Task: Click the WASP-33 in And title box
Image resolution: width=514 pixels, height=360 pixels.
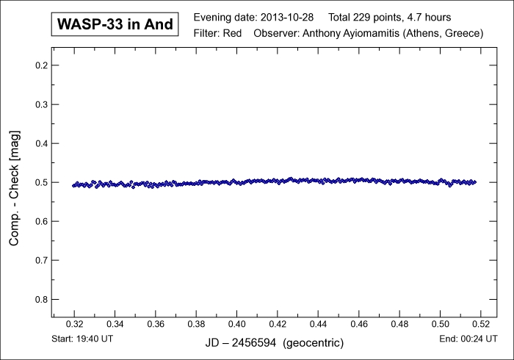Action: click(x=115, y=24)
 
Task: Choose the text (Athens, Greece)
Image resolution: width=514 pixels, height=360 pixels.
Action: click(x=446, y=34)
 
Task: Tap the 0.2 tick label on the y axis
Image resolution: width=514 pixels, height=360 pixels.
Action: click(x=41, y=65)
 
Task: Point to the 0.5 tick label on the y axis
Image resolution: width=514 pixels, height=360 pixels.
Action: click(x=41, y=182)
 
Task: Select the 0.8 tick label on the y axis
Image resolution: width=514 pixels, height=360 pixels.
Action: click(x=41, y=299)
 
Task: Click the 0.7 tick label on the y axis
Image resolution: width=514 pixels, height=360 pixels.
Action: click(x=41, y=260)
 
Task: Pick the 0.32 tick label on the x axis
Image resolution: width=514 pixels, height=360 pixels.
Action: click(x=75, y=324)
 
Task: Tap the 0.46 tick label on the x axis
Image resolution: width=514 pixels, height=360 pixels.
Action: click(x=358, y=324)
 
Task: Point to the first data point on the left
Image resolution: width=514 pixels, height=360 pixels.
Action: click(x=73, y=185)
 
